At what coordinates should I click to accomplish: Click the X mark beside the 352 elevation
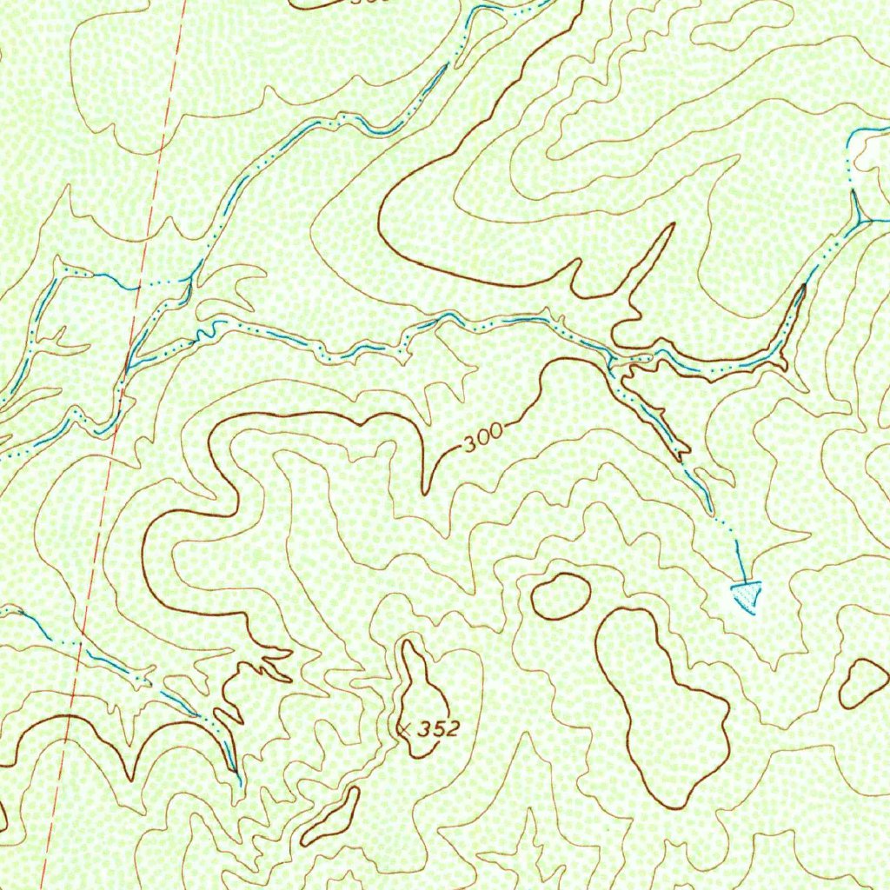point(403,728)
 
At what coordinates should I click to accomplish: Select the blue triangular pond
point(746,595)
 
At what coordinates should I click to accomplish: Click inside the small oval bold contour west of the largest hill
point(561,596)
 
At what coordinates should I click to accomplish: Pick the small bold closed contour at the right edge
point(863,682)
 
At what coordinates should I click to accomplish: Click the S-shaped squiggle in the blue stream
point(207,330)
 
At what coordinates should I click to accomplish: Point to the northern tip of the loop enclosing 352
point(407,642)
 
